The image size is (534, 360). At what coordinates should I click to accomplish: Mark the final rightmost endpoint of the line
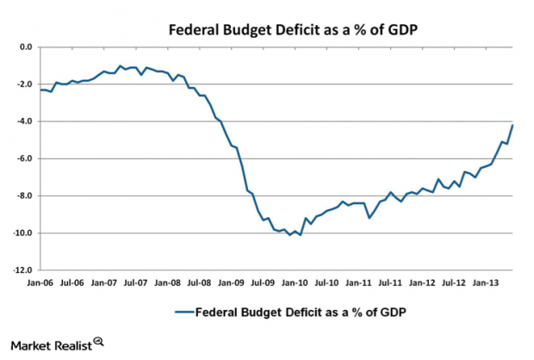pos(513,125)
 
